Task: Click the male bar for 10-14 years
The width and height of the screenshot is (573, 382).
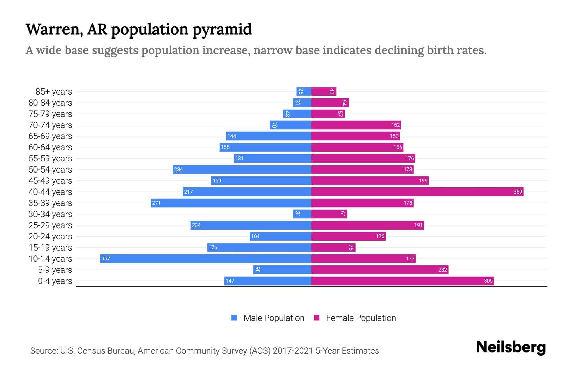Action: pyautogui.click(x=205, y=258)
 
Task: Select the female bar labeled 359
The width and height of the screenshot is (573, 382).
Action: pyautogui.click(x=417, y=192)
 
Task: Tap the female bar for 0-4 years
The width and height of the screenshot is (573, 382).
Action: pyautogui.click(x=402, y=281)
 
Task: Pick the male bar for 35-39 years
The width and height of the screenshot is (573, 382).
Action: pyautogui.click(x=231, y=203)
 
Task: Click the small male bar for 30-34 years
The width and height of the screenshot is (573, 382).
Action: pyautogui.click(x=302, y=214)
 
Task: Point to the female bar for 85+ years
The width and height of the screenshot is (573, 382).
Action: pyautogui.click(x=324, y=91)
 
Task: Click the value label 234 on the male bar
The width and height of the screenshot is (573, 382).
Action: pyautogui.click(x=179, y=169)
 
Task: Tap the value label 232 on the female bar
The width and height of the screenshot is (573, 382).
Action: pyautogui.click(x=442, y=270)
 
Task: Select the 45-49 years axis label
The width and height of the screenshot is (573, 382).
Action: pyautogui.click(x=50, y=181)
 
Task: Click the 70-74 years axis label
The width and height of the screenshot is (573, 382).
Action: pyautogui.click(x=50, y=125)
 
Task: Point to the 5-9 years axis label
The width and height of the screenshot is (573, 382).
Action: pyautogui.click(x=55, y=270)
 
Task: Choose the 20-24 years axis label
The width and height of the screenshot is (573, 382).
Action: pyautogui.click(x=50, y=237)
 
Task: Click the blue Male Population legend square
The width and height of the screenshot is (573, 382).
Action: pyautogui.click(x=234, y=318)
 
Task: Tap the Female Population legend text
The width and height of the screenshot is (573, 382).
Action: pyautogui.click(x=361, y=318)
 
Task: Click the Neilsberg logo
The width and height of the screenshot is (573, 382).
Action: pyautogui.click(x=511, y=347)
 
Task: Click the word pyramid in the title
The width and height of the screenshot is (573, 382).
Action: pyautogui.click(x=222, y=30)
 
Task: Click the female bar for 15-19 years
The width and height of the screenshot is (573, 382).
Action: pyautogui.click(x=333, y=247)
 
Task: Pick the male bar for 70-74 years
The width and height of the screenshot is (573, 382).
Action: pyautogui.click(x=290, y=125)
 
